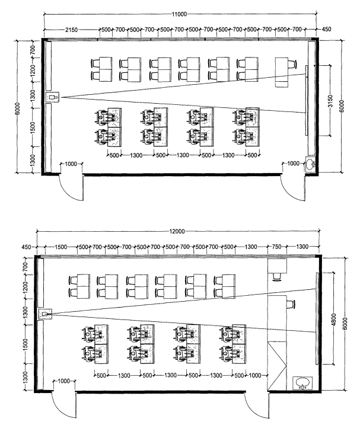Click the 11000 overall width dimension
tap(179, 14)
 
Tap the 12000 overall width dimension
tap(177, 231)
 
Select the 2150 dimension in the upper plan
tap(71, 30)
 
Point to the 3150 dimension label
tap(330, 100)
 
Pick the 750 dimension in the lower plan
tap(276, 247)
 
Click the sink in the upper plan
tap(310, 165)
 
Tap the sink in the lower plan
tap(302, 383)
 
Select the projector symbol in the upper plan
tap(52, 97)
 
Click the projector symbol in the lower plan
tap(45, 314)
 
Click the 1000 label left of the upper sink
tap(293, 163)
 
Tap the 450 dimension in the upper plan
tap(326, 29)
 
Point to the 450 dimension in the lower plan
tap(26, 247)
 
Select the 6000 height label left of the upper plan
tap(17, 108)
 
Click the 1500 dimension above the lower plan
tap(61, 247)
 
